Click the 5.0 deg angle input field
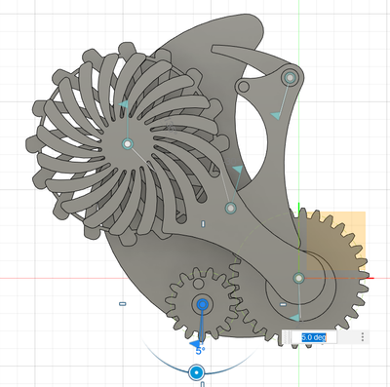coord(314,337)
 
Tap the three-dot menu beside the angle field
coord(363,337)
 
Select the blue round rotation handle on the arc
coord(196,372)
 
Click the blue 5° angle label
coord(200,351)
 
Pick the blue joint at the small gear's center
coord(203,304)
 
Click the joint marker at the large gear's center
coord(298,278)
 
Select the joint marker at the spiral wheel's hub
coord(128,143)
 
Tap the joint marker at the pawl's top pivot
coord(290,78)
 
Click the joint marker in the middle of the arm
coord(231,208)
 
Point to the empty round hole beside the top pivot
coord(243,87)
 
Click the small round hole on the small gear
coord(197,283)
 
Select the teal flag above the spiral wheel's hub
coord(124,104)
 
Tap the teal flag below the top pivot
coord(276,116)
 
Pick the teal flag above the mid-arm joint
coord(238,169)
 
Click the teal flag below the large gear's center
coord(295,318)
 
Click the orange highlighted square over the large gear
coord(336,241)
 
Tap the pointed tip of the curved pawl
coord(213,48)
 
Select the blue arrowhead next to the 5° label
coord(195,344)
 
